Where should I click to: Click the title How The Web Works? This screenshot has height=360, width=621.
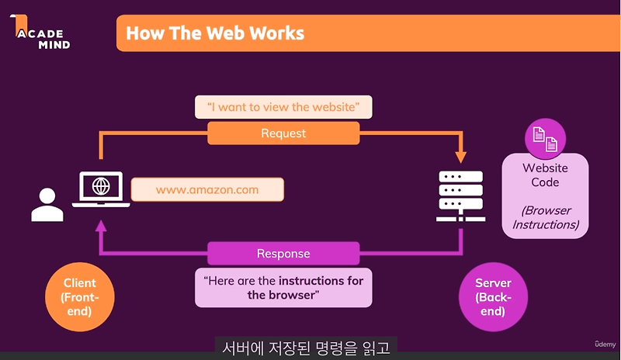point(214,33)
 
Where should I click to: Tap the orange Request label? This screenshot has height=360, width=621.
point(283,133)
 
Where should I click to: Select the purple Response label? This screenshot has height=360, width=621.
point(283,254)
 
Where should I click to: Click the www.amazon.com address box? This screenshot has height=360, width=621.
point(206,189)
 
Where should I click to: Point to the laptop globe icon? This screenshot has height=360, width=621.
point(100,187)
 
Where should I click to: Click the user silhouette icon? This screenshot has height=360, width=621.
point(47,205)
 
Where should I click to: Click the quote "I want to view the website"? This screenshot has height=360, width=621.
point(283,106)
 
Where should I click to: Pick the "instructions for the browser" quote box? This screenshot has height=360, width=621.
point(283,287)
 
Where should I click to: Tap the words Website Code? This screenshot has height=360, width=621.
point(545,175)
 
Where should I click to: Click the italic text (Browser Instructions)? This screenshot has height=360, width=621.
point(545,217)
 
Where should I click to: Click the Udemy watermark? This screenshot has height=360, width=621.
point(605,344)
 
